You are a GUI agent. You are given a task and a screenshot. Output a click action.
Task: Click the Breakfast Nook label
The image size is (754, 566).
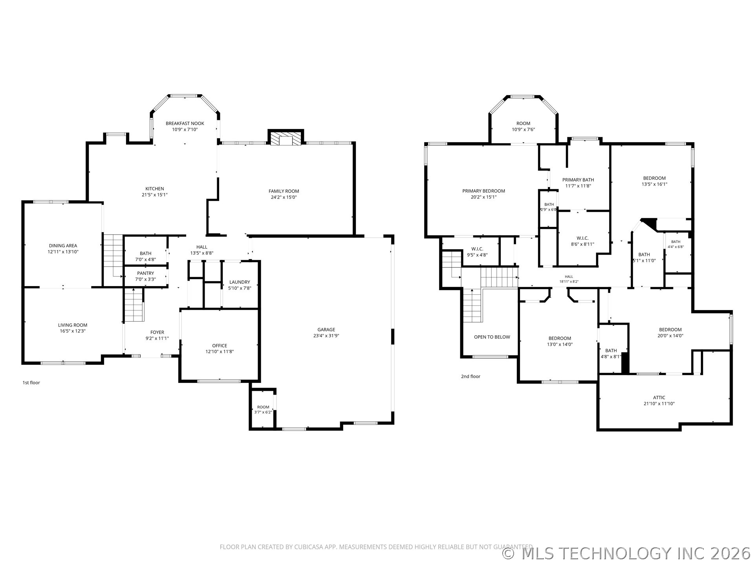click(185, 123)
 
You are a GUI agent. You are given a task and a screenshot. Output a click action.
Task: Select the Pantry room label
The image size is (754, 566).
click(146, 273)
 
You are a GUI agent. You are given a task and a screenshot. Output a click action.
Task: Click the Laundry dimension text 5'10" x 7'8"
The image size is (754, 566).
click(240, 288)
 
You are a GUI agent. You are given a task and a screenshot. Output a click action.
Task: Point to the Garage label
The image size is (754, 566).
click(326, 330)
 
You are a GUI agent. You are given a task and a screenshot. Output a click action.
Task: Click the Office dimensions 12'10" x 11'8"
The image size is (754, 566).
click(220, 352)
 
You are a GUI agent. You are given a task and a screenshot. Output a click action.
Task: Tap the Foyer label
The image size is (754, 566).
click(157, 332)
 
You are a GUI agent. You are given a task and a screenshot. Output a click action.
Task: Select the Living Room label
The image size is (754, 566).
click(73, 325)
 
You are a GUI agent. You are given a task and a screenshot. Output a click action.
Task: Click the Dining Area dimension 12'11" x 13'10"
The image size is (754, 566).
click(63, 252)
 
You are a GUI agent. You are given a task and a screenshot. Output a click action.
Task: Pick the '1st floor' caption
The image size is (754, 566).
click(31, 382)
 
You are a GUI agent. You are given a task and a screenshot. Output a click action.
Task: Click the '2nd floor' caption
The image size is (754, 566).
click(470, 376)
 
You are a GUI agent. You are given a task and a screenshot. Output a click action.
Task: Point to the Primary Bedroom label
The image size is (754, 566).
click(483, 191)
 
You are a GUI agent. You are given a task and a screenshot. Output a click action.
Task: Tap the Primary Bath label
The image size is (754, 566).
click(578, 180)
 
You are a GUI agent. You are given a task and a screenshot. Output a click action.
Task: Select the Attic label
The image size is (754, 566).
click(659, 397)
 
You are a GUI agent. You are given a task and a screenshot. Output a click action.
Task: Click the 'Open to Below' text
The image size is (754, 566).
click(492, 337)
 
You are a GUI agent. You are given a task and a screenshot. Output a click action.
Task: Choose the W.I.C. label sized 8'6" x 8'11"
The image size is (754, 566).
click(582, 238)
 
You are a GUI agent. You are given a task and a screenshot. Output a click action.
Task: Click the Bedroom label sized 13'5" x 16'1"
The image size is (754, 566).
click(654, 178)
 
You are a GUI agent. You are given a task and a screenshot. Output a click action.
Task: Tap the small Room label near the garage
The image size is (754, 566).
click(263, 407)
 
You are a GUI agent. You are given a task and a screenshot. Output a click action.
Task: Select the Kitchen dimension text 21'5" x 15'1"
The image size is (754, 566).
click(155, 195)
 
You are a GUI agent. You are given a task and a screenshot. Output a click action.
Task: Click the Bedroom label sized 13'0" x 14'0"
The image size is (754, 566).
click(560, 338)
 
